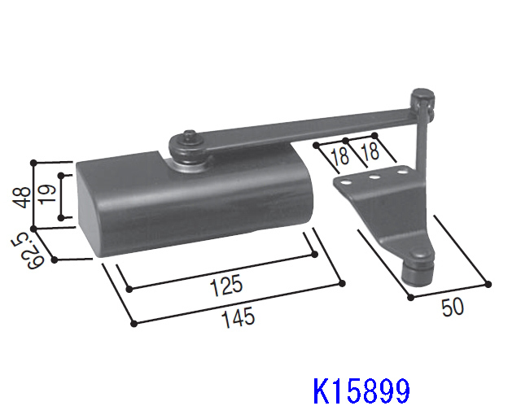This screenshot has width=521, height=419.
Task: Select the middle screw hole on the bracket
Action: click(x=374, y=177)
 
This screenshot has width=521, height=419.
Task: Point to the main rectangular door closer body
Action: click(x=195, y=199)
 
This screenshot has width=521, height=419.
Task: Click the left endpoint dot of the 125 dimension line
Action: click(x=128, y=287)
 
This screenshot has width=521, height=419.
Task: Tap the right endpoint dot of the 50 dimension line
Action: click(x=488, y=284)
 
